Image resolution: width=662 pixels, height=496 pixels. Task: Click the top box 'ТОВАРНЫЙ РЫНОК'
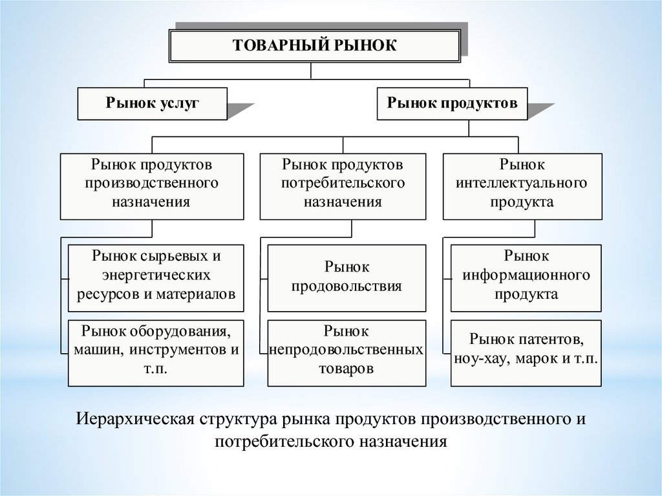[x=314, y=45]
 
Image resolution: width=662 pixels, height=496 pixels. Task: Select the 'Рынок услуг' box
[x=153, y=103]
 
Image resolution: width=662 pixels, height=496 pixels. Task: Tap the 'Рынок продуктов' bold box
[x=452, y=103]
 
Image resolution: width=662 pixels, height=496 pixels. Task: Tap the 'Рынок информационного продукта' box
[x=526, y=275]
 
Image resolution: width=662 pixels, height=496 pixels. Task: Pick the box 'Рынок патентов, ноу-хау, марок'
[x=526, y=349]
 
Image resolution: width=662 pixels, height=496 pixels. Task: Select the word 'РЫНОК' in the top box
[x=370, y=45]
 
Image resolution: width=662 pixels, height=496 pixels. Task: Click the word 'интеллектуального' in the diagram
[x=522, y=183]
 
